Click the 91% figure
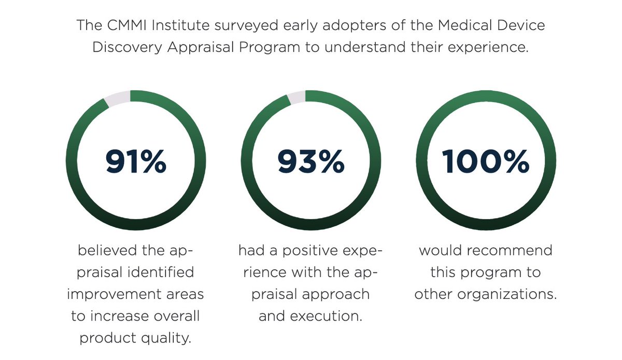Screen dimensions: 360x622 pos(136,162)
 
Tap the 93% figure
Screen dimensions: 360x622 pos(310,162)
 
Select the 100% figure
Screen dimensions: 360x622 pos(486,162)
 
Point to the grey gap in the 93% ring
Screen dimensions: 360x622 pos(296,97)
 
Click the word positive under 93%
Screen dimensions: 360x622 pos(312,251)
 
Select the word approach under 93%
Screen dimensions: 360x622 pos(337,294)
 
